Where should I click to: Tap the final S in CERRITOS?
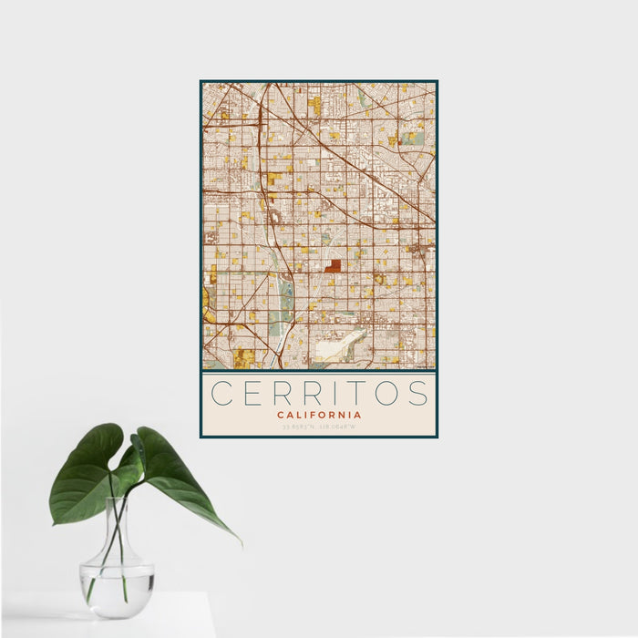tap(417, 393)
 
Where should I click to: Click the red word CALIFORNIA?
tap(319, 415)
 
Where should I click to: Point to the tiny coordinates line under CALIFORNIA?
tap(319, 427)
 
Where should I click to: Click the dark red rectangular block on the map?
tap(334, 266)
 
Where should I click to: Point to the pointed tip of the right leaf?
tap(241, 544)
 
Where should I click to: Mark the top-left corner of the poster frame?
tap(201, 81)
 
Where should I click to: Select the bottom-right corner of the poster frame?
tap(437, 437)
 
